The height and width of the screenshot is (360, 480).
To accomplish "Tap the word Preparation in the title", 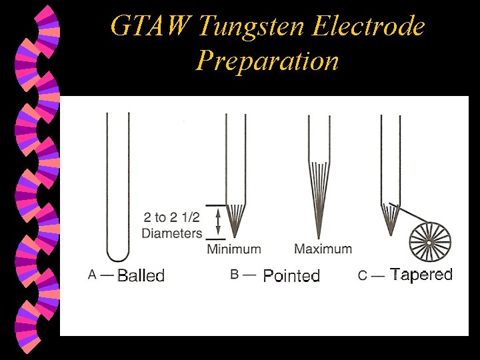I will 267,61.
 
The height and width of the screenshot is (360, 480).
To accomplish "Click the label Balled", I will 141,275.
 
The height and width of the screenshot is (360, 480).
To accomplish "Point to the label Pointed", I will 291,276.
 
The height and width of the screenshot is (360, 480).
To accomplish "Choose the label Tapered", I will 421,275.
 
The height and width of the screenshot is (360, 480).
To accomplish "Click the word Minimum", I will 233,249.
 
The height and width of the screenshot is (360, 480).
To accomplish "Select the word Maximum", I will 323,249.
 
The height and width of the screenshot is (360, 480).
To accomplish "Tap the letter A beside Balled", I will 93,274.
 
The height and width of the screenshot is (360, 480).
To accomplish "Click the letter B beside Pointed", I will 235,275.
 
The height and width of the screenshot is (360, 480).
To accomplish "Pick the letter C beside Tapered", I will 363,275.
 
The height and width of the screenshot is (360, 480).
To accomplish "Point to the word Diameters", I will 171,233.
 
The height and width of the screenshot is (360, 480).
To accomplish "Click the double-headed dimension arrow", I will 215,222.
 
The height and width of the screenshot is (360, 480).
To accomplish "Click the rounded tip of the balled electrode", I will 118,259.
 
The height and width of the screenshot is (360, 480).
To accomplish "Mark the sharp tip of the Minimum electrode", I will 235,237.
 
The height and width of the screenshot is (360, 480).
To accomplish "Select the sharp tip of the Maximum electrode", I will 319,237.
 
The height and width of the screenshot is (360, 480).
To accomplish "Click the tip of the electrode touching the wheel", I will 391,235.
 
